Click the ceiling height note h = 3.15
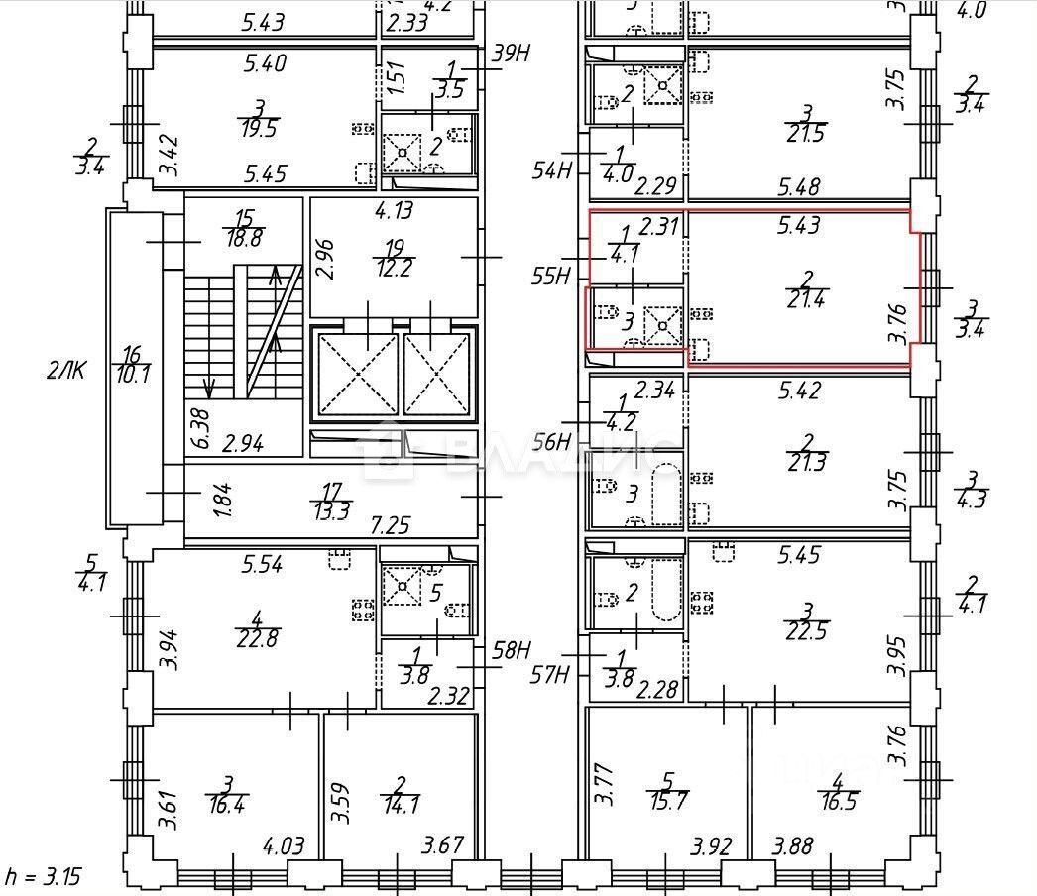[x=42, y=877]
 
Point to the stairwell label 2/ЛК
[x=66, y=372]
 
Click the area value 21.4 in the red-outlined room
[x=804, y=298]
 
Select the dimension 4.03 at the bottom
[x=283, y=847]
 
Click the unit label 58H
[x=513, y=651]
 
